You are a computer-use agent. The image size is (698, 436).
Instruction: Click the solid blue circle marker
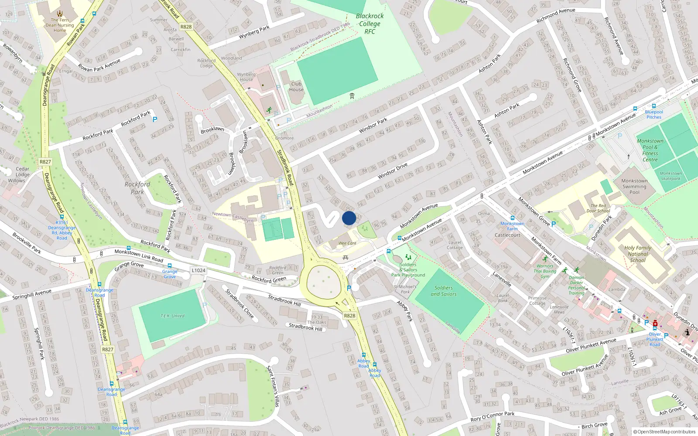[x=349, y=218]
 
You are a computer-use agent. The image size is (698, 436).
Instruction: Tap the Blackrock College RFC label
[x=370, y=24]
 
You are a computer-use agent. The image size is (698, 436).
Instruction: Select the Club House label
[x=296, y=87]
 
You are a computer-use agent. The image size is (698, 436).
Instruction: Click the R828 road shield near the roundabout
[x=349, y=316]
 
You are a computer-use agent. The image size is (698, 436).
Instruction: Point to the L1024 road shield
[x=198, y=270]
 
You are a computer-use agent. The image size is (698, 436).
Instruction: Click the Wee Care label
[x=347, y=243]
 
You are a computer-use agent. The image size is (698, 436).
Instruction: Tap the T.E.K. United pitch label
[x=172, y=316]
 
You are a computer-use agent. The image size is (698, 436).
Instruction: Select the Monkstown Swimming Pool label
[x=634, y=186]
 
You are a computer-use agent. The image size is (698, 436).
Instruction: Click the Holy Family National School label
[x=637, y=254]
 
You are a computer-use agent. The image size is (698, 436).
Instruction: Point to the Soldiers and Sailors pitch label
[x=443, y=291]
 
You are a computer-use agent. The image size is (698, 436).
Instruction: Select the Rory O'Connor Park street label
[x=492, y=416]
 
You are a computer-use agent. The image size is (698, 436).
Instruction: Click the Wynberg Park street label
[x=254, y=32]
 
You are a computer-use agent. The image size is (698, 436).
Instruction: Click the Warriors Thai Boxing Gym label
[x=545, y=271]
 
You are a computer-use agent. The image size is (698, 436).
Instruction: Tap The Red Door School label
[x=598, y=208]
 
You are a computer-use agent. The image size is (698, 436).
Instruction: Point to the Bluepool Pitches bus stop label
[x=654, y=114]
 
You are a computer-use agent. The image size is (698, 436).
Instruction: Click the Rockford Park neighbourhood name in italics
[x=137, y=188]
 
